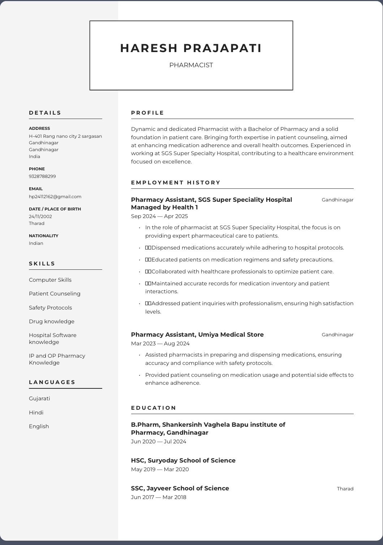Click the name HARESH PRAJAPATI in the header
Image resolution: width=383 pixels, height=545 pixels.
(191, 48)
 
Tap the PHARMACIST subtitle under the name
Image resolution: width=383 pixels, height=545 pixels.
(191, 65)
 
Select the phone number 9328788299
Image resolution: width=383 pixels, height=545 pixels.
(42, 176)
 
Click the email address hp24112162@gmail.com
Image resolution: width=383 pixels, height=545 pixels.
(55, 197)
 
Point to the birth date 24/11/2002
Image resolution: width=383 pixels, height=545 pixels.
(40, 217)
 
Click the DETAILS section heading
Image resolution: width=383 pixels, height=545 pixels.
(45, 113)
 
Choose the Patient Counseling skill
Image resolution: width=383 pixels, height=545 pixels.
(55, 294)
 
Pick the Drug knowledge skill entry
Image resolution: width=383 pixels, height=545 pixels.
(52, 322)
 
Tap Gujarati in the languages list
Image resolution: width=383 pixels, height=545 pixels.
(39, 399)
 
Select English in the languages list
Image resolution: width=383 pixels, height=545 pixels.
(39, 426)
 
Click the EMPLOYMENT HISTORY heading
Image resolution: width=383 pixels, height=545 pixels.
(176, 183)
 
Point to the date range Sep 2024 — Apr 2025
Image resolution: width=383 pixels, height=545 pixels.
(159, 216)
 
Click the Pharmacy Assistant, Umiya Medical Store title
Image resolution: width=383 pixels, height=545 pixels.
(197, 335)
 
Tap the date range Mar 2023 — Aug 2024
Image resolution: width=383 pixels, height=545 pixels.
(160, 344)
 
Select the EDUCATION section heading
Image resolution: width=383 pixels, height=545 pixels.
(154, 408)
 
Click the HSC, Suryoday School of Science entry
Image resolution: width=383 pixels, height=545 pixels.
(183, 460)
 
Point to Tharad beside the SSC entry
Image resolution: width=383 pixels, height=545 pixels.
(345, 489)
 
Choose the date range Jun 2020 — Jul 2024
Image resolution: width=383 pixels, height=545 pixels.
(159, 442)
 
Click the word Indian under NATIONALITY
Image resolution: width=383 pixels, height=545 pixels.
(36, 243)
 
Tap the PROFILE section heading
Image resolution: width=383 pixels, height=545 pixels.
(147, 113)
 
